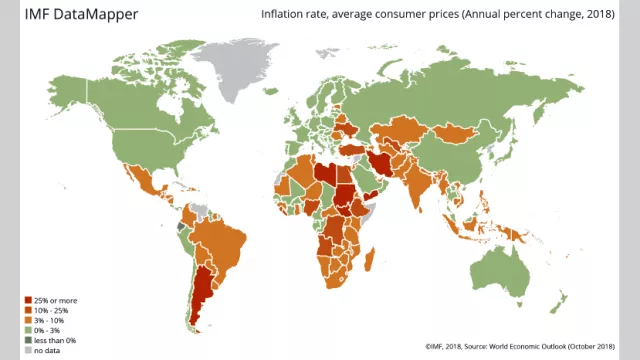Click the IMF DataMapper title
[75, 16]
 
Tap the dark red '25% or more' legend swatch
[27, 299]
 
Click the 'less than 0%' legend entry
[58, 339]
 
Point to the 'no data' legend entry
[49, 349]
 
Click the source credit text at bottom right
[519, 347]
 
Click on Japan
[524, 152]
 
